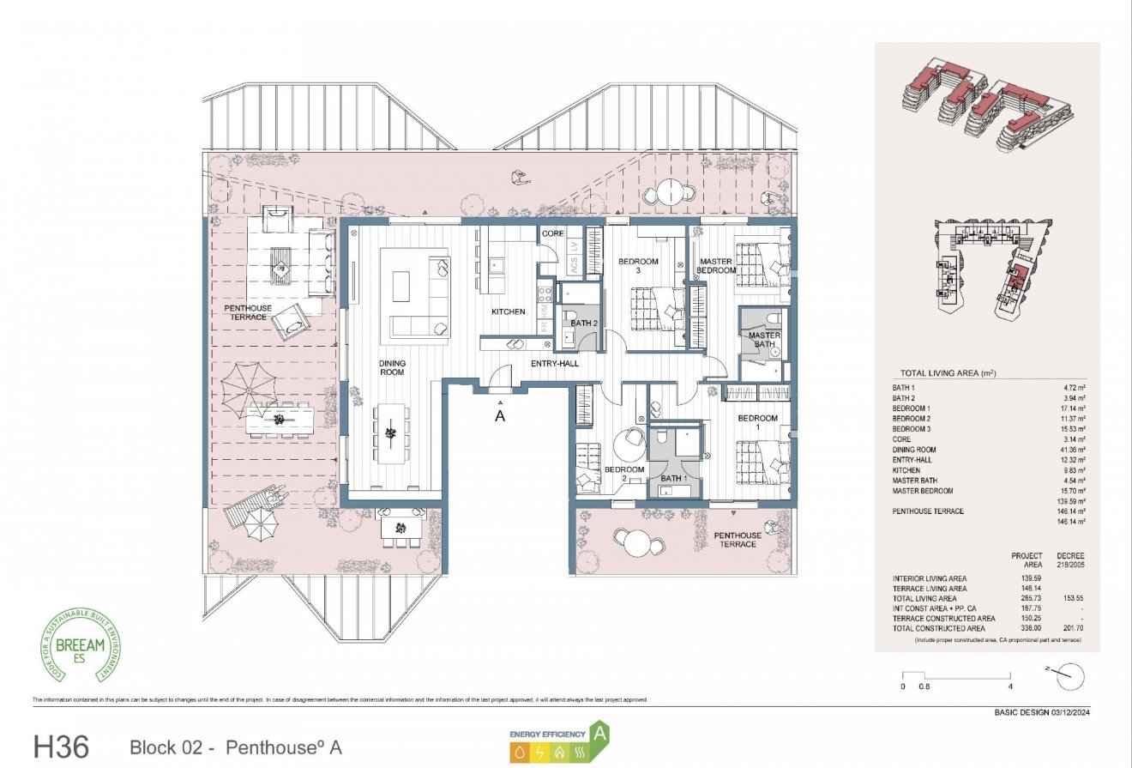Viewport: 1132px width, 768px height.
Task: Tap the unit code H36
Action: pos(61,746)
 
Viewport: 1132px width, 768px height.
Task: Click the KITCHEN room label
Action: pos(508,311)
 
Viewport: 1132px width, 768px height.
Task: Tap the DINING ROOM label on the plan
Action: pos(392,368)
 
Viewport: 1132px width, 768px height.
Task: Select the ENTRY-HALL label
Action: pos(555,364)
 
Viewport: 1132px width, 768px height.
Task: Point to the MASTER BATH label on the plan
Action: pos(764,340)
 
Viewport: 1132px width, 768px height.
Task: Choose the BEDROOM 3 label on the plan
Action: pos(639,266)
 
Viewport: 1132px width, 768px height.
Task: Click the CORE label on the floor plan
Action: pos(551,233)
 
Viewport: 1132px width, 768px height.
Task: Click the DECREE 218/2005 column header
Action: pos(1071,561)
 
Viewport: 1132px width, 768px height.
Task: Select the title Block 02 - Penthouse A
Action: pos(235,747)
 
